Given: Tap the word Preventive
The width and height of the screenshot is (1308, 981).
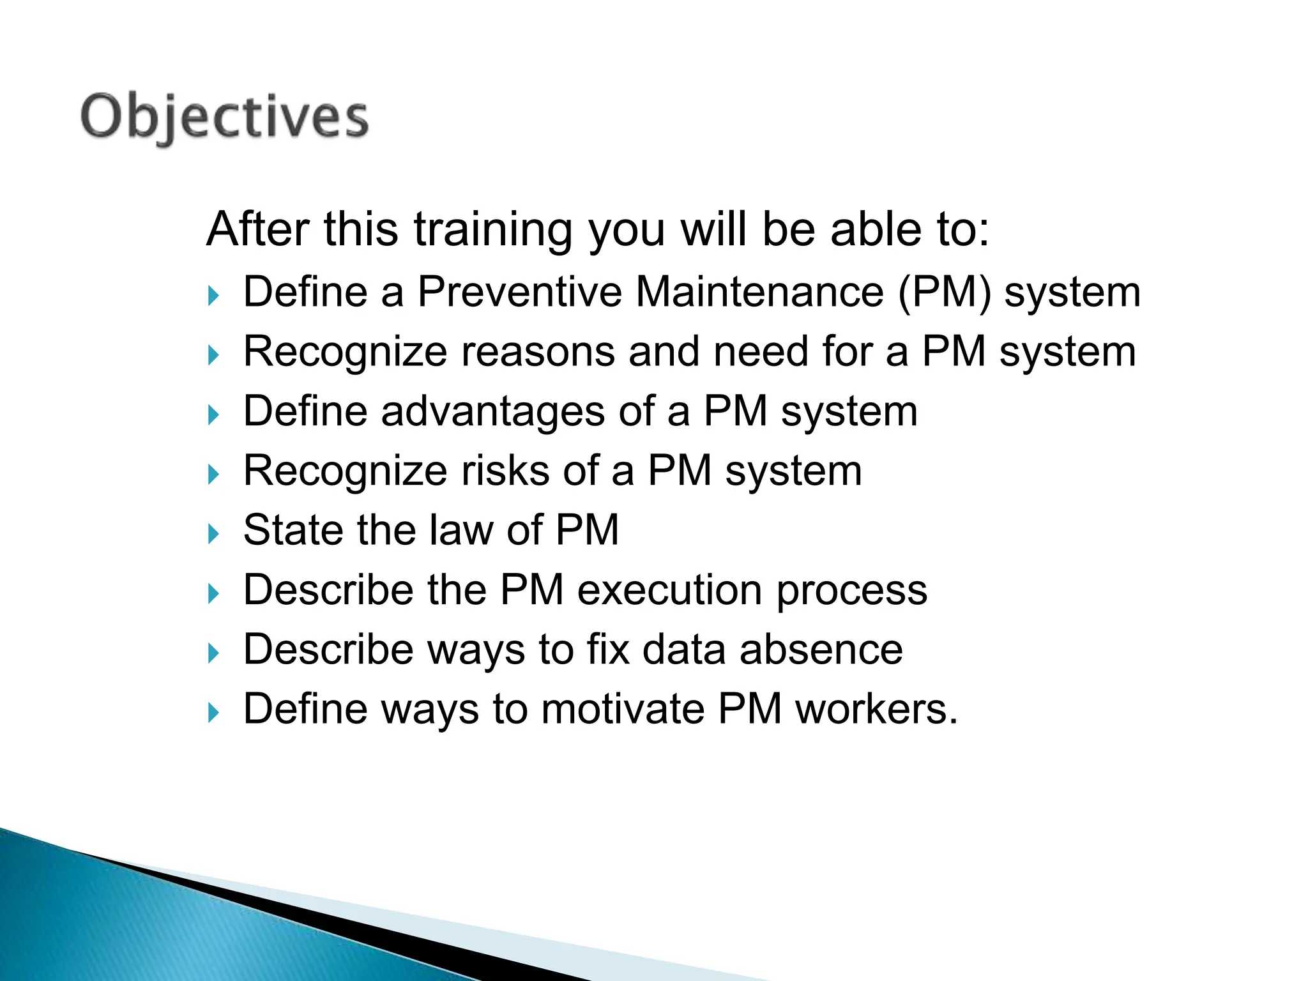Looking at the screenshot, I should pos(519,292).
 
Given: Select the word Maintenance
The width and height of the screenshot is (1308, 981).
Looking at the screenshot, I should pos(759,292).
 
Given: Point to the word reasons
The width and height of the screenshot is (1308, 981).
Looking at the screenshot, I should pos(538,352).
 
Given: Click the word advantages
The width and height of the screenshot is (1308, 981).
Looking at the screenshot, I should pos(492,411).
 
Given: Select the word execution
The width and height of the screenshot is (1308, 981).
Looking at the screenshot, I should pos(669,589).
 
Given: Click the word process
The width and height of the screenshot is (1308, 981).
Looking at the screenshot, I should pos(852,591).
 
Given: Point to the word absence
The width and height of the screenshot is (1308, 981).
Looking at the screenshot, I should pos(821,650).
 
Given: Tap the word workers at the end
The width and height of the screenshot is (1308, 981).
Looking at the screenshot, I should pos(876,709).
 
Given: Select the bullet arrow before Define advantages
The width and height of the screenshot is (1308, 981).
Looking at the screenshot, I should pos(213,415).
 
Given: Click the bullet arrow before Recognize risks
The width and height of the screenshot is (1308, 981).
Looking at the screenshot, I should pos(213,475).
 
